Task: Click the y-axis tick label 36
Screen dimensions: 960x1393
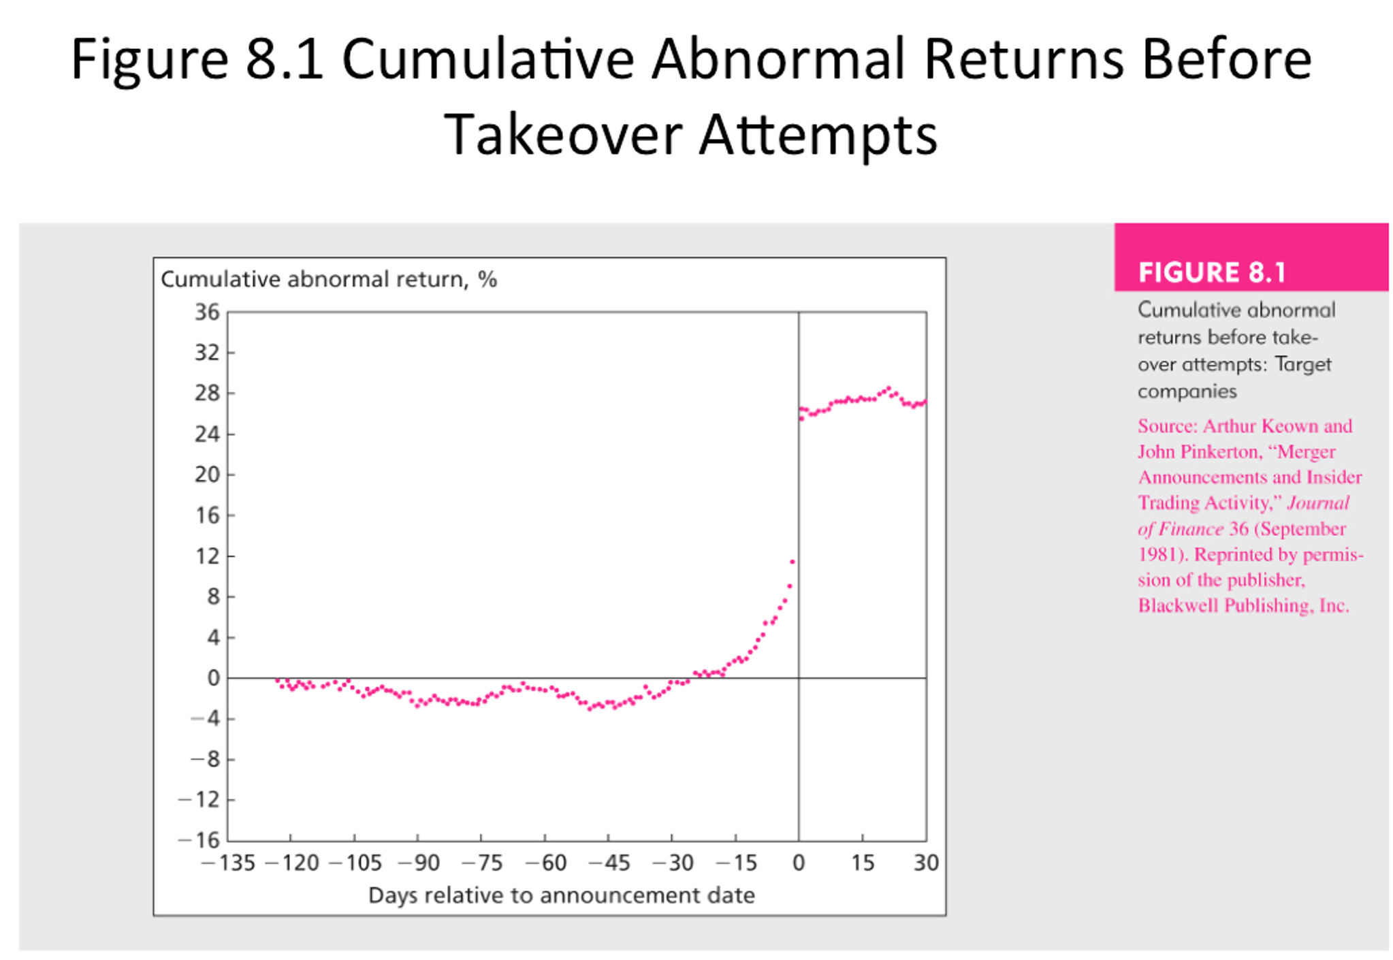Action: [x=207, y=313]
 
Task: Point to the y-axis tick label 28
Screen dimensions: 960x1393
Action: [x=207, y=394]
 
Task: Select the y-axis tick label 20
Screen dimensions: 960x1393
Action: [x=207, y=475]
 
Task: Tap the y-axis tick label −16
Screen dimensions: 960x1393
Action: [x=199, y=840]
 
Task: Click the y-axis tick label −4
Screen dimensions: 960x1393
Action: [x=205, y=718]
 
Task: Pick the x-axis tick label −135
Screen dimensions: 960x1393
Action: [x=228, y=863]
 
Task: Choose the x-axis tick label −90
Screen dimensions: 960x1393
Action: [x=418, y=863]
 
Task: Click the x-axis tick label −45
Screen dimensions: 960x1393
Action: [x=609, y=863]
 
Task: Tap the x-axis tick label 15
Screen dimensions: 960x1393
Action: [x=862, y=863]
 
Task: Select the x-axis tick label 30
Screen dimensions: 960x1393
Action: [x=926, y=863]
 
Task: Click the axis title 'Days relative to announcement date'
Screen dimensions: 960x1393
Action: [x=561, y=895]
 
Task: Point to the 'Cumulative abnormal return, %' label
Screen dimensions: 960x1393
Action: [x=329, y=280]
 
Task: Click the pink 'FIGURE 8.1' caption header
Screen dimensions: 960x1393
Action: [x=1212, y=272]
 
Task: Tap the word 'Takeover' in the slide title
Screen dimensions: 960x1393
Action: [x=563, y=135]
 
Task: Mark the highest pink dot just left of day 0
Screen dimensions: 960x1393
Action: [x=792, y=562]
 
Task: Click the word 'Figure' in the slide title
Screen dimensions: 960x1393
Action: [x=149, y=59]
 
